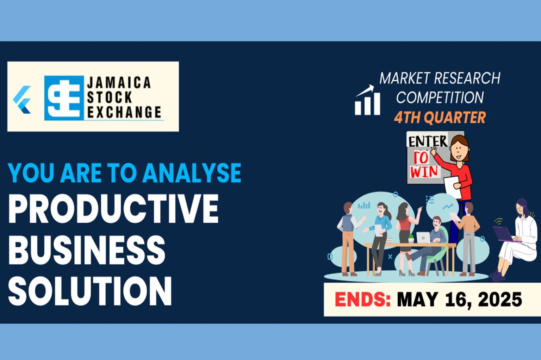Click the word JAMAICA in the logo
pos(119,83)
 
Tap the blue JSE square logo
pos(64,98)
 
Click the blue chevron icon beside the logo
pos(22,100)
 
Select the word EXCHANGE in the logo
pos(124,112)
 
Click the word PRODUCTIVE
pos(113,209)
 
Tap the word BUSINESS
pos(87,250)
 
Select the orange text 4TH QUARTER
pos(440,118)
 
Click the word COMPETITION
pos(440,97)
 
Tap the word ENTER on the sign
pos(428,141)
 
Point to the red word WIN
pos(424,172)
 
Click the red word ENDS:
pos(362,299)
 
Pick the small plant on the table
pos(411,239)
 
